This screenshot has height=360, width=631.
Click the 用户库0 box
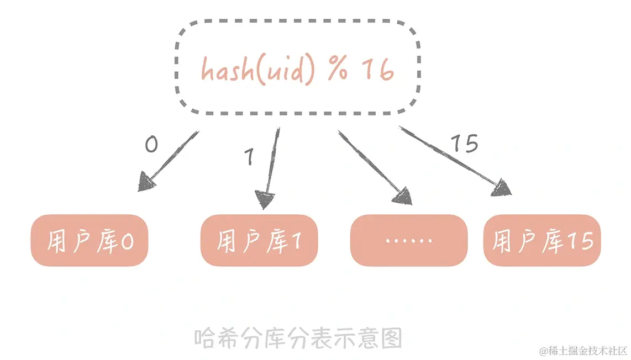(x=90, y=241)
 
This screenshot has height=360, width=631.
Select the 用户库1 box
(x=259, y=241)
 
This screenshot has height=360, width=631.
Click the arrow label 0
(x=151, y=145)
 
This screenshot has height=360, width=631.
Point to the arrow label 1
(x=249, y=158)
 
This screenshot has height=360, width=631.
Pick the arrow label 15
(x=464, y=144)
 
